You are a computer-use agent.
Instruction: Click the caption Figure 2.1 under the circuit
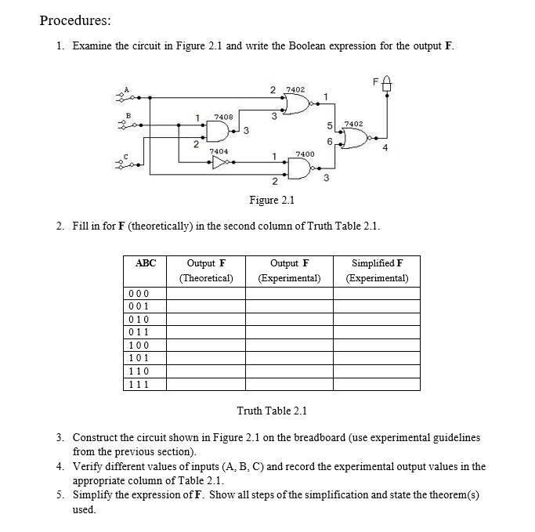[271, 200]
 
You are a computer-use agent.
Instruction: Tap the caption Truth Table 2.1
[272, 411]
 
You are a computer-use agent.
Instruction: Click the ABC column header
[146, 264]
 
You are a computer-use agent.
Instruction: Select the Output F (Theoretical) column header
[207, 270]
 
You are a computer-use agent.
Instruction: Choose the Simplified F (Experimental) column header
[378, 270]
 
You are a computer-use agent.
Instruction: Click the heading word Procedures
[75, 20]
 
